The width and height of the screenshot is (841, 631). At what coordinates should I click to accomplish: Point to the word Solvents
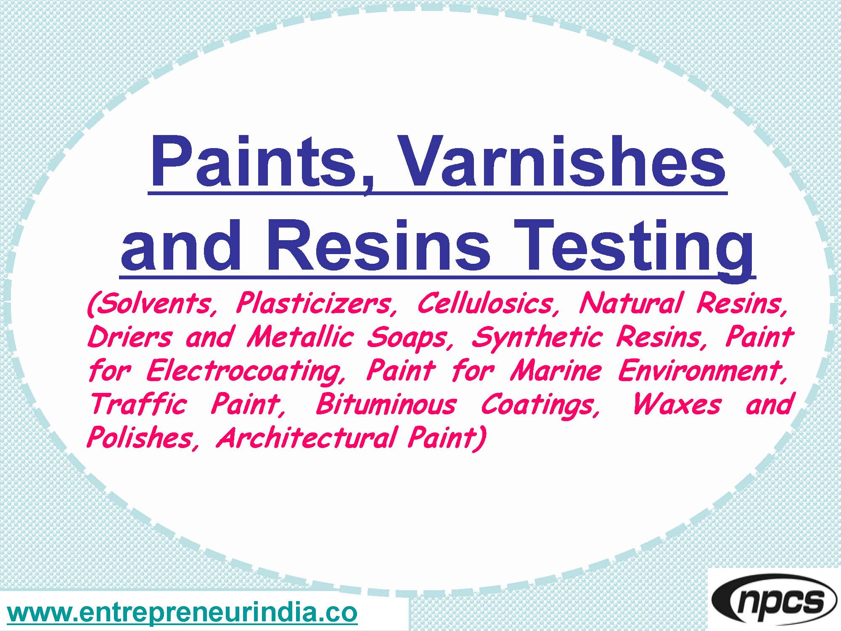pyautogui.click(x=153, y=304)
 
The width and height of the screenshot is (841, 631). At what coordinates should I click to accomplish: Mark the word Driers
pyautogui.click(x=130, y=337)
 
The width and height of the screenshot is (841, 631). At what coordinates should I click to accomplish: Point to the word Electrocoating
pyautogui.click(x=246, y=371)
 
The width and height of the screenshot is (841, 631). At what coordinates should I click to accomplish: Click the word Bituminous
pyautogui.click(x=385, y=405)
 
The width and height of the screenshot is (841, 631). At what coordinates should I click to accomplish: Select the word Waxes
pyautogui.click(x=677, y=405)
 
